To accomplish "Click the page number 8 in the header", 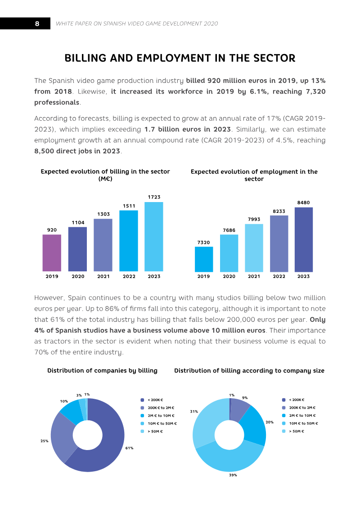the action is click(x=37, y=23).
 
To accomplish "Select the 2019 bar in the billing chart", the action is click(x=52, y=253).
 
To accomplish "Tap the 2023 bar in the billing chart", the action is click(x=154, y=237).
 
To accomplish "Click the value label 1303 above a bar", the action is click(x=103, y=214).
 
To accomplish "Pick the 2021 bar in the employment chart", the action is click(x=254, y=248).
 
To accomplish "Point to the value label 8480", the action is click(x=303, y=203).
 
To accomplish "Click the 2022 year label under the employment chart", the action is click(x=279, y=276).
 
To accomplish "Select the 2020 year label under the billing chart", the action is click(x=78, y=276).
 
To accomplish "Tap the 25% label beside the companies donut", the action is click(x=45, y=441).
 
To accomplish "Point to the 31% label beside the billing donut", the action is click(x=194, y=411).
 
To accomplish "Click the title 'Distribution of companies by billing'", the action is click(x=102, y=371).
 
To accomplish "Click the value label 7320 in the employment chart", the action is click(x=203, y=243).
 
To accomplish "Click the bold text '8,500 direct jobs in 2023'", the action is click(x=77, y=151).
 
